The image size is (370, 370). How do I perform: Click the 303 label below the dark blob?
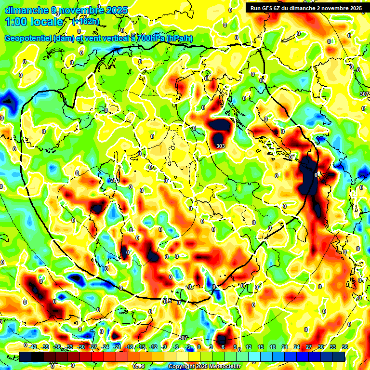pos(221,146)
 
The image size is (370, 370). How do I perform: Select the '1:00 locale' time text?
pos(34,22)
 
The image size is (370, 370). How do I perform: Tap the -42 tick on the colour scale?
pos(33,347)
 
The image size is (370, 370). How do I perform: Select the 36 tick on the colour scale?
pos(344,347)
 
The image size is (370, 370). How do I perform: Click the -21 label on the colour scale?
pos(117,347)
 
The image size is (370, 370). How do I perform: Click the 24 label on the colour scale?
pos(297,347)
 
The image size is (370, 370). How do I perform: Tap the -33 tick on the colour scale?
pos(69,347)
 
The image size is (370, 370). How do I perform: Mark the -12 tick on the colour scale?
pos(153,347)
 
